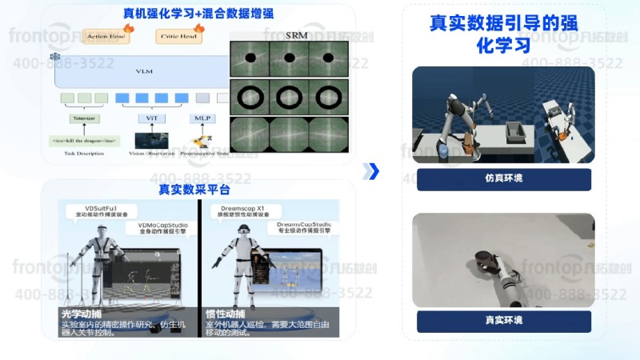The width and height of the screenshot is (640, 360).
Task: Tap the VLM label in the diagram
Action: pos(144,72)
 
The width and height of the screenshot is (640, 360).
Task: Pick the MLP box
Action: pos(201,118)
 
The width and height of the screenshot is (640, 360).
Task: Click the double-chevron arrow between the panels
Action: pos(370,170)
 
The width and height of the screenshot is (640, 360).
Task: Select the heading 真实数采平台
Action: pos(194,190)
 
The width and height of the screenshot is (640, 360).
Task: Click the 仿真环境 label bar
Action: pos(503,178)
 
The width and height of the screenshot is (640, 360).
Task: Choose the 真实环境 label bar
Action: pos(503,321)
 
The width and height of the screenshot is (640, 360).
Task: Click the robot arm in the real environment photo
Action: pos(496,268)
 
